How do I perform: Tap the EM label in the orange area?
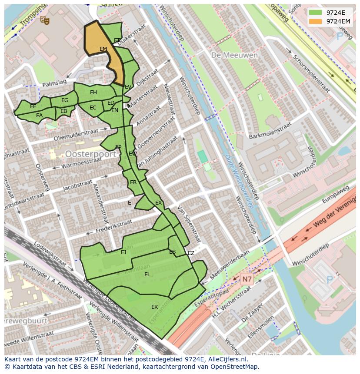[x=103, y=49]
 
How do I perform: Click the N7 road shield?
[x=247, y=279]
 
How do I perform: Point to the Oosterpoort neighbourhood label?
[x=90, y=154]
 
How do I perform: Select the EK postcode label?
[x=154, y=307]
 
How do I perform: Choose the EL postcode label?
[x=147, y=275]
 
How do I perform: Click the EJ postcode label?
[x=123, y=252]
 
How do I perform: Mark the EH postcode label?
[x=93, y=93]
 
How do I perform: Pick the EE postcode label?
[x=33, y=106]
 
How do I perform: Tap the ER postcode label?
[x=133, y=182]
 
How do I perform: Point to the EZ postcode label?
[x=191, y=253]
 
